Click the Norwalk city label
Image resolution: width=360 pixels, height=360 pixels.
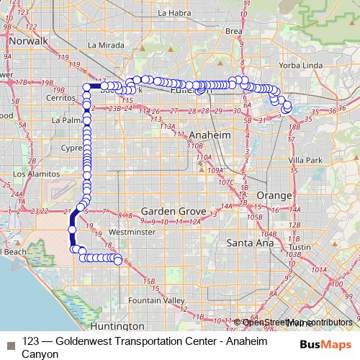[x=27, y=41]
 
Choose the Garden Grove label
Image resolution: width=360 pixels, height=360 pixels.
[x=174, y=211]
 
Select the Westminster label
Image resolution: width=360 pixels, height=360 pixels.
[x=132, y=233]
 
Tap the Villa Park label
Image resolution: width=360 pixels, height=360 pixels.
[x=305, y=160]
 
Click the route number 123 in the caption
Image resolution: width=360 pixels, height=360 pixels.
[x=30, y=341]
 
